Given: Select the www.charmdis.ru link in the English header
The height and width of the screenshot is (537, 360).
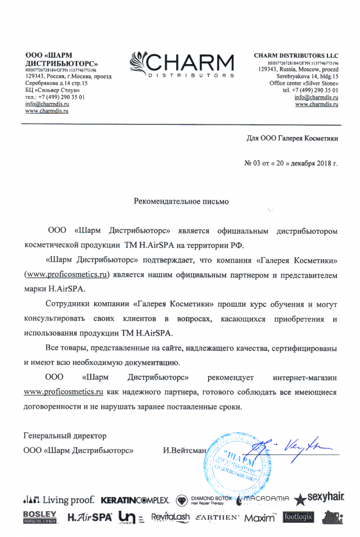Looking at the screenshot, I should pos(317,104).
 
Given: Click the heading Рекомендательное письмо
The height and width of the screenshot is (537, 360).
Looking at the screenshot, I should pos(181,201).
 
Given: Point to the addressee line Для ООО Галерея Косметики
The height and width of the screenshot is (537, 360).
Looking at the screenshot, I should pos(292,138).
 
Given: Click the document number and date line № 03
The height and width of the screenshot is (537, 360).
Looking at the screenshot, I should pos(291,163).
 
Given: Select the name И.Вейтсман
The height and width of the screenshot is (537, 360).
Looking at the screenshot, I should pos(185,450).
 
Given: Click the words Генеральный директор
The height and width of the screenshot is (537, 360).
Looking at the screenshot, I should pos(65,436).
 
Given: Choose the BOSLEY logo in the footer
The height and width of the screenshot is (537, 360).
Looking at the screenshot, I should pos(40,517).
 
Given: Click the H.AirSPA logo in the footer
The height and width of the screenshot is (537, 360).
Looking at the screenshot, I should pos(90,517).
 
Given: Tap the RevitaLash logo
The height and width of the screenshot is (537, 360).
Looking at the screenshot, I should pos(170,518).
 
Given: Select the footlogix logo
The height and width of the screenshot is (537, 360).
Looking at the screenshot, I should pos(298,517).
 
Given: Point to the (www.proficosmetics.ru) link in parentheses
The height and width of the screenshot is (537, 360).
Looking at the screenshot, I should pos(67,275).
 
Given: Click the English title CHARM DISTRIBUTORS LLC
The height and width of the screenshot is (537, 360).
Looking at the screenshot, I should pos(296,56).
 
